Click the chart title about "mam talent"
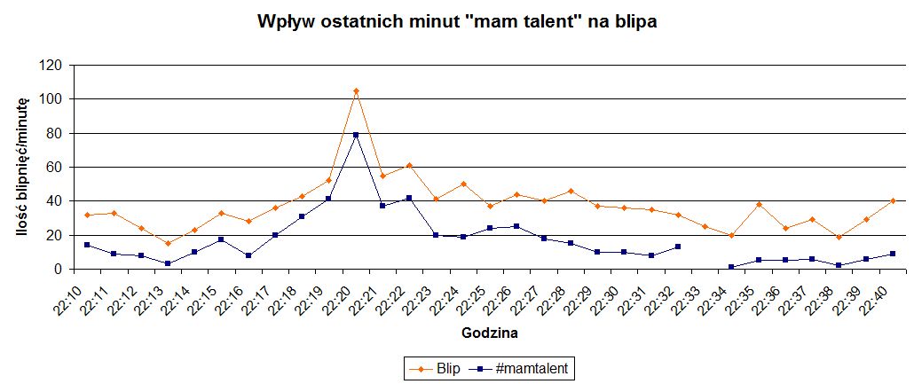pyautogui.click(x=457, y=22)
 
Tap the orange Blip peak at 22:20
pyautogui.click(x=356, y=91)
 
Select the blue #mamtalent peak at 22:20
pyautogui.click(x=356, y=135)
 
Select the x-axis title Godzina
pyautogui.click(x=491, y=333)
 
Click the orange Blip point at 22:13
pyautogui.click(x=168, y=243)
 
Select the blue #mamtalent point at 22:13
pyautogui.click(x=168, y=263)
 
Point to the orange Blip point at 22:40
pyautogui.click(x=893, y=200)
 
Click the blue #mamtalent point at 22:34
pyautogui.click(x=731, y=267)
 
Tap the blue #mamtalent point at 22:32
pyautogui.click(x=678, y=247)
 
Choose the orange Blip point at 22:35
pyautogui.click(x=759, y=204)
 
